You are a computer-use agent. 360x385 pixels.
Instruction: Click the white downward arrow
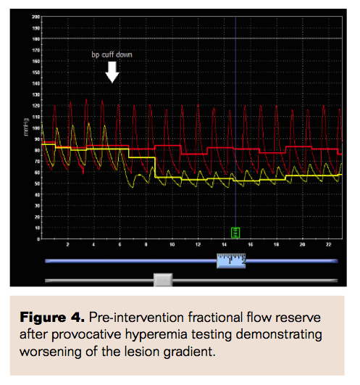(112, 71)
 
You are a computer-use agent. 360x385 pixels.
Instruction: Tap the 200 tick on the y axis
(35, 15)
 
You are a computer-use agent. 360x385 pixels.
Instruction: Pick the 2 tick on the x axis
(67, 244)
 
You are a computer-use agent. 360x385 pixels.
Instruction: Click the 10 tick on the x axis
(172, 244)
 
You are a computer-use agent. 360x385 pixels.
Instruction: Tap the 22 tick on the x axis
(329, 244)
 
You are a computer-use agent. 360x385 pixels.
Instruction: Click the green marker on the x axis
(235, 232)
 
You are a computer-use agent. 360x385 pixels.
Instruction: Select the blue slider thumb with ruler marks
(231, 261)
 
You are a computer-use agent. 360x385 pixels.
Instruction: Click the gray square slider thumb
(163, 280)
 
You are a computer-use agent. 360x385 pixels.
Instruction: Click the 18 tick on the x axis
(277, 244)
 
